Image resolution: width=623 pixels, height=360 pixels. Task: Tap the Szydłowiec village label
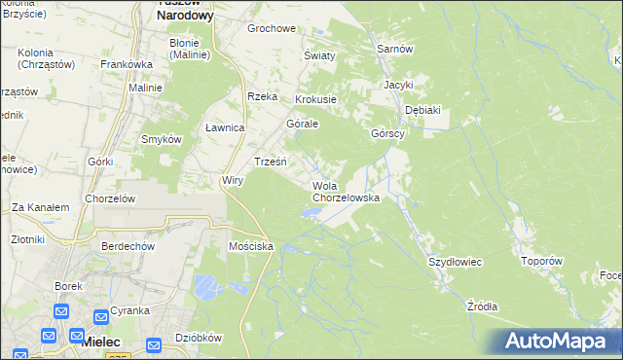coord(456,263)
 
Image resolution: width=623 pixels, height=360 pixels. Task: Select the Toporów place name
coord(542,262)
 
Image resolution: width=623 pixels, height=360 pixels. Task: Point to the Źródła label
coord(482,306)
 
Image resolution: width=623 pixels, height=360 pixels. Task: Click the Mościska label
coord(250,247)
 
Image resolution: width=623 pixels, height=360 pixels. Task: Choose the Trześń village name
coord(270,161)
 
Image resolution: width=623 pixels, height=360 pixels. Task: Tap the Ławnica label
coord(225,128)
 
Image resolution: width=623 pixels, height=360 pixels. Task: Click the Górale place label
coord(303,125)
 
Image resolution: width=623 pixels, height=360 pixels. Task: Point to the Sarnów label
coord(395,49)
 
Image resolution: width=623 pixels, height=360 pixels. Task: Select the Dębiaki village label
coord(422,110)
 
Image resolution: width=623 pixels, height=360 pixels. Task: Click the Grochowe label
coord(271,28)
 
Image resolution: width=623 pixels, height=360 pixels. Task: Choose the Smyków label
coord(162,139)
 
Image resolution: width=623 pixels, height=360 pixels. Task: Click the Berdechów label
coord(128,247)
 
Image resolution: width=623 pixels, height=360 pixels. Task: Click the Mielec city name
coord(100,342)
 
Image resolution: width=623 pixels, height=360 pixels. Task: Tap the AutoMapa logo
coord(557,342)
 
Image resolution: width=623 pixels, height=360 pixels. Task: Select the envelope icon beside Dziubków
coord(154,344)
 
